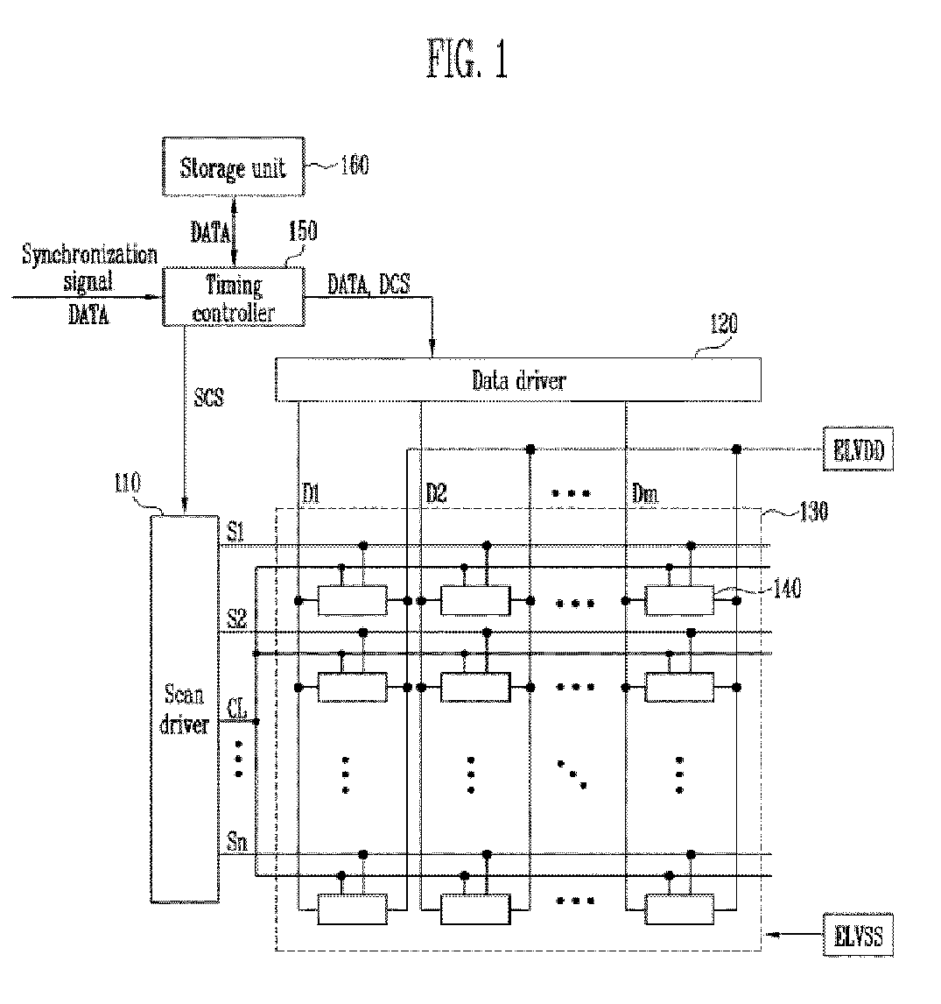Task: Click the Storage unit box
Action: point(234,166)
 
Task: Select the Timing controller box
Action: point(234,297)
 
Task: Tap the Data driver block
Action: point(518,379)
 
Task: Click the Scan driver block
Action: point(185,709)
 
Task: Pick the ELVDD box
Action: point(858,449)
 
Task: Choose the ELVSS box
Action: point(858,936)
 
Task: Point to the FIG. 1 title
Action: point(467,59)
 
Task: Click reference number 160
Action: point(355,166)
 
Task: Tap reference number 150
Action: point(303,230)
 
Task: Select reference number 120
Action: point(724,324)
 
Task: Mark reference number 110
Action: point(128,483)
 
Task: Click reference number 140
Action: point(787,589)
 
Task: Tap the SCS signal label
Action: point(209,397)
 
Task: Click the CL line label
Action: point(237,709)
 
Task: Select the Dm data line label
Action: point(645,493)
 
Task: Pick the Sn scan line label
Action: point(236,841)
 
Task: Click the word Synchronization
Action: point(89,255)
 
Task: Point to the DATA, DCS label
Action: point(369,285)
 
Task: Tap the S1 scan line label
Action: point(236,532)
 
